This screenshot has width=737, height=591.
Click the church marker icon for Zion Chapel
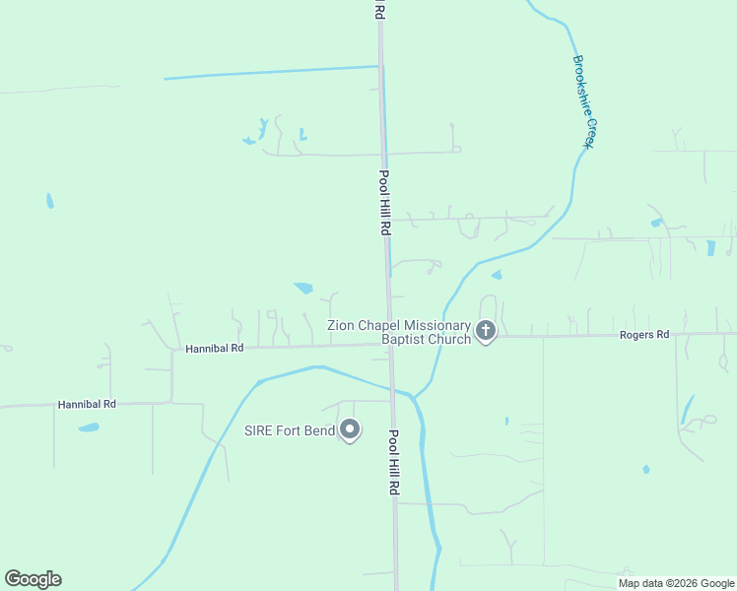[485, 331]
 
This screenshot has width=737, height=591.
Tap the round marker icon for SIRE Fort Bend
[349, 429]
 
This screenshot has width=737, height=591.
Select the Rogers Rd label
[644, 335]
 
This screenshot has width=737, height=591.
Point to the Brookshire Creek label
[584, 101]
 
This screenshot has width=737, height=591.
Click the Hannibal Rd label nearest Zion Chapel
[214, 349]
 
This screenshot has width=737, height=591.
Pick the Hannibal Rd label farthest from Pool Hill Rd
[87, 404]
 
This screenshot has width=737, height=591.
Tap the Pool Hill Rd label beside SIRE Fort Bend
[393, 463]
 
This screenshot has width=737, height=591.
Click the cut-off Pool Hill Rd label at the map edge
[378, 10]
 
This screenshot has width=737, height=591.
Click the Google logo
[33, 579]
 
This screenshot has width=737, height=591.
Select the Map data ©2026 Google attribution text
[677, 583]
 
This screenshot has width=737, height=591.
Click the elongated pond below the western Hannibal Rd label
[89, 427]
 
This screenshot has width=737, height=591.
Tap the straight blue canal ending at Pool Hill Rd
[271, 72]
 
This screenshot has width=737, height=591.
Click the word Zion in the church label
[341, 326]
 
